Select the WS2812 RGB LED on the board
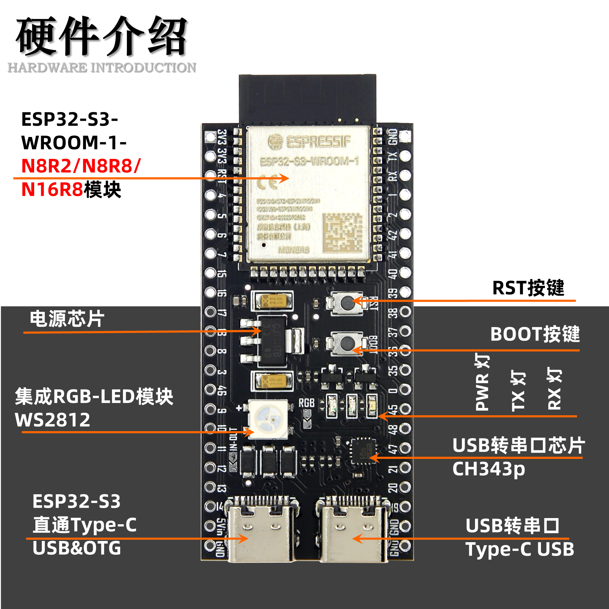[268, 419]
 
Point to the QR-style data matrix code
[342, 232]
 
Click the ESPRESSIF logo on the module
[309, 142]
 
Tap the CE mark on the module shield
[267, 181]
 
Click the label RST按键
[528, 287]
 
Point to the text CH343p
[488, 469]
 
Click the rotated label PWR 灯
[482, 381]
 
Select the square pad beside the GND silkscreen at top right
[405, 136]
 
